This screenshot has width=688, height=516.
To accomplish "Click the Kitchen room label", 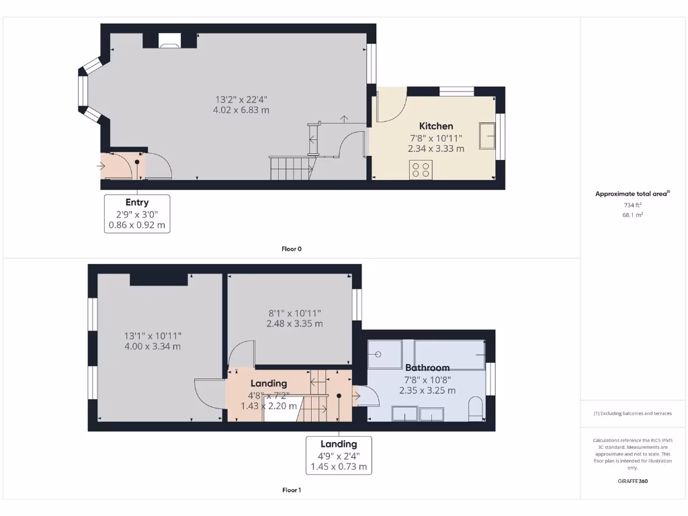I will pos(436,126).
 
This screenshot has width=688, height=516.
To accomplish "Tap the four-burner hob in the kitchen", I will pos(422,169).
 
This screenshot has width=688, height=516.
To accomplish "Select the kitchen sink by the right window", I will pos(486,135).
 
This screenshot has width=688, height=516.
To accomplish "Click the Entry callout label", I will pos(137,202).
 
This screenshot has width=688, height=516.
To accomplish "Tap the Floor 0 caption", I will pos(291,249).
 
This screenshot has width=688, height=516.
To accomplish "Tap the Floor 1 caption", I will pos(291,490).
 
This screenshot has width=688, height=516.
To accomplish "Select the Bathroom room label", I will pos(427,368).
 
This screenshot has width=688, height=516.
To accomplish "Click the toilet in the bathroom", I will pos(476,408).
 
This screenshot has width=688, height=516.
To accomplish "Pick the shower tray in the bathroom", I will pos(384,354).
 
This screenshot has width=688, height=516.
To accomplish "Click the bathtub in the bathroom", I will pos(449,354).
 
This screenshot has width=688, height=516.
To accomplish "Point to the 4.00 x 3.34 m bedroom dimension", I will pos(153,347).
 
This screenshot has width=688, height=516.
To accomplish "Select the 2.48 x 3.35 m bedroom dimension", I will pos(294,323).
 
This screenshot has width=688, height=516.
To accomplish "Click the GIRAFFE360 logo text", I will pos(632,481).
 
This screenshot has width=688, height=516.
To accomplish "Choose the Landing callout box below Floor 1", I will pos(339,455).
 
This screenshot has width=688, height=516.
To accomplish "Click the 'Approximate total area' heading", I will pos(632,193).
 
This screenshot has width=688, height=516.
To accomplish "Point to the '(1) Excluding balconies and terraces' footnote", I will pos(632,413).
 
